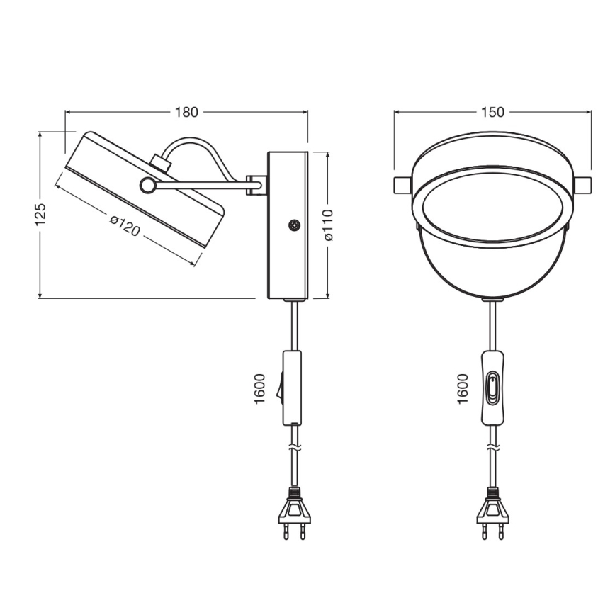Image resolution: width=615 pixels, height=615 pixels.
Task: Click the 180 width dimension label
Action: tap(186, 112)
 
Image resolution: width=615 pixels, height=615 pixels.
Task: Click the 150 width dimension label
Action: tap(492, 112)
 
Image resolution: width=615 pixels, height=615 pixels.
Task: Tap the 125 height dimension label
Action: tap(40, 213)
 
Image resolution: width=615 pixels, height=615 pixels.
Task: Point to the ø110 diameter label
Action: tap(328, 225)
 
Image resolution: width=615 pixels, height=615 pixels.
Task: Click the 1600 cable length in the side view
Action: tap(259, 388)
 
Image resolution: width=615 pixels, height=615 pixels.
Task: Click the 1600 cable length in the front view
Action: tap(463, 388)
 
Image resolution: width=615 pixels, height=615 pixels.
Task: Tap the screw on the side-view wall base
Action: tap(293, 225)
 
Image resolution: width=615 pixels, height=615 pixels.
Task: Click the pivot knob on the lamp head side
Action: tap(147, 186)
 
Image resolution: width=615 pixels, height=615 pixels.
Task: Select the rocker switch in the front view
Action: tap(492, 388)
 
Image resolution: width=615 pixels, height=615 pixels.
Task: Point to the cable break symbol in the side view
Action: tap(293, 448)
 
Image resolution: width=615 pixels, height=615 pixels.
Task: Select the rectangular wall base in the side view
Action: tap(287, 225)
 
